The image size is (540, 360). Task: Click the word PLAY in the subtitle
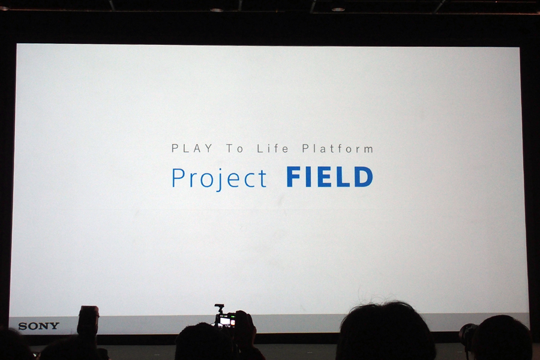tap(192, 148)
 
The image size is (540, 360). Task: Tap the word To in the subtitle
tap(235, 148)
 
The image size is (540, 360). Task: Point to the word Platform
tap(337, 148)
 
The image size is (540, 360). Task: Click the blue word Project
tap(219, 178)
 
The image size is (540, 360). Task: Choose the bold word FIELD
tap(329, 177)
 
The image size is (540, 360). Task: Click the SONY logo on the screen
tap(38, 326)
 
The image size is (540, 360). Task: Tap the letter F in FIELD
tap(294, 177)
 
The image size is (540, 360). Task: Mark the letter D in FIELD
tap(363, 177)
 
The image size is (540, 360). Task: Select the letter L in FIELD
tap(343, 177)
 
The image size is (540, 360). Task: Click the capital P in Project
tap(178, 178)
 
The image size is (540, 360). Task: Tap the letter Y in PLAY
tap(208, 148)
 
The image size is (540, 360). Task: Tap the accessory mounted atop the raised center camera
tap(218, 308)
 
